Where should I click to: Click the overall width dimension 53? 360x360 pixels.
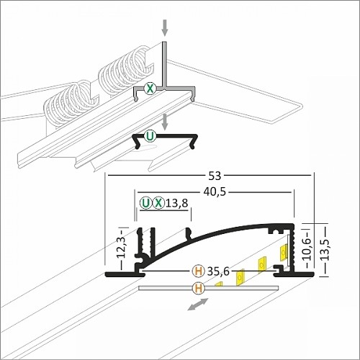(x=215, y=176)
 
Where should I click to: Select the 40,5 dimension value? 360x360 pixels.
(x=215, y=192)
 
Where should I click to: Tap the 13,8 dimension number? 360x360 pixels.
(x=177, y=203)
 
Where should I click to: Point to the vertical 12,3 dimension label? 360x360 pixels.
(x=122, y=247)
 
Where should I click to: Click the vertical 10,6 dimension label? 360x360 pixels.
(x=307, y=249)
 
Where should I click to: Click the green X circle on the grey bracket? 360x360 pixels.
(x=150, y=89)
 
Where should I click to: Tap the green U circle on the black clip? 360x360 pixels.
(x=150, y=137)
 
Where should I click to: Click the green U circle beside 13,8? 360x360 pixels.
(x=146, y=203)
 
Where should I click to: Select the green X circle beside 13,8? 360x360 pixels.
(x=158, y=203)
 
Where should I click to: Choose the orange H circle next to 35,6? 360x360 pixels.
(x=199, y=271)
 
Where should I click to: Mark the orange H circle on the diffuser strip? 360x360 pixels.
(x=199, y=288)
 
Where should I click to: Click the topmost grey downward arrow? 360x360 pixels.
(x=165, y=27)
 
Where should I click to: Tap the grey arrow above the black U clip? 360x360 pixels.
(x=165, y=122)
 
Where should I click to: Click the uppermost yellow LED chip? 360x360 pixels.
(x=284, y=252)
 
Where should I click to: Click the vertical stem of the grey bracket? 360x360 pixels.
(x=165, y=64)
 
